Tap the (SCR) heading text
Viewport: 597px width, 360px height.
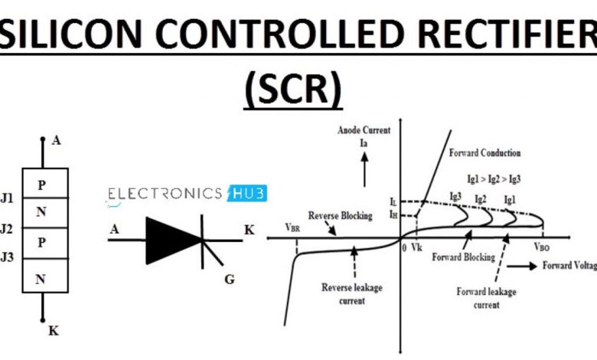pyautogui.click(x=293, y=88)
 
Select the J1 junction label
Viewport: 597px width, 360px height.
pyautogui.click(x=7, y=198)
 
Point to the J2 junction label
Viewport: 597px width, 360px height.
pyautogui.click(x=7, y=228)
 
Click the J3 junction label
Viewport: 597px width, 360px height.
pyautogui.click(x=7, y=257)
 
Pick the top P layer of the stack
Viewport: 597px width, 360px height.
pyautogui.click(x=45, y=183)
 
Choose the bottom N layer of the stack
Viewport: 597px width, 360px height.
pyautogui.click(x=45, y=276)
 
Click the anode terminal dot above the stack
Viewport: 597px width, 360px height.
pyautogui.click(x=43, y=139)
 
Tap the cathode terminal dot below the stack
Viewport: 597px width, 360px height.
pyautogui.click(x=43, y=320)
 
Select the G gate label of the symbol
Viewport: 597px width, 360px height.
pyautogui.click(x=230, y=280)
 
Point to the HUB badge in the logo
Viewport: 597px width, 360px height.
pyautogui.click(x=247, y=194)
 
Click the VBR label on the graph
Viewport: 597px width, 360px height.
pyautogui.click(x=292, y=227)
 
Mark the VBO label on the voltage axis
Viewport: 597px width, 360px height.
pyautogui.click(x=542, y=247)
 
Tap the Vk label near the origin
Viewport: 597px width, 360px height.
pyautogui.click(x=416, y=247)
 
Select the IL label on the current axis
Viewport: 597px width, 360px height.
pyautogui.click(x=393, y=201)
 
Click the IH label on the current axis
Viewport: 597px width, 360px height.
pyautogui.click(x=393, y=214)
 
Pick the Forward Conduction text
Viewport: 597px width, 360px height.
pyautogui.click(x=484, y=153)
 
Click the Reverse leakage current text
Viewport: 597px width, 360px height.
pyautogui.click(x=352, y=294)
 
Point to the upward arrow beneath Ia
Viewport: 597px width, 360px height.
pyautogui.click(x=364, y=169)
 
